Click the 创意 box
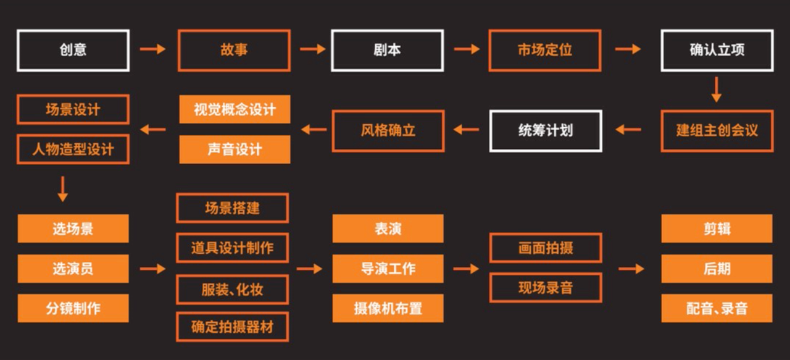coord(73,50)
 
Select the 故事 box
coord(234,50)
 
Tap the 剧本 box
coord(387,50)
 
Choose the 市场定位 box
coord(545,50)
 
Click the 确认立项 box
coord(717,50)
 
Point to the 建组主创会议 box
coord(717,131)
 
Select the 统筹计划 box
coord(546,131)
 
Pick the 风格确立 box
coord(388,131)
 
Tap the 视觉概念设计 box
coord(235,109)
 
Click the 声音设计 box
coord(235,149)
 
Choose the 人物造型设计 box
coord(73,149)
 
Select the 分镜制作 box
coord(73,308)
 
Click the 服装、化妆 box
coord(232,290)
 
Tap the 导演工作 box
coord(388,269)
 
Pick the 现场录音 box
coord(546,288)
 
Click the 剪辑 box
coord(717,228)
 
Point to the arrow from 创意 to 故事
coord(152,49)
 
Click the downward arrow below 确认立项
coord(716,90)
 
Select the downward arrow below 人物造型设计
coord(62,189)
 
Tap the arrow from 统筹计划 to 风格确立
coord(466,130)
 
